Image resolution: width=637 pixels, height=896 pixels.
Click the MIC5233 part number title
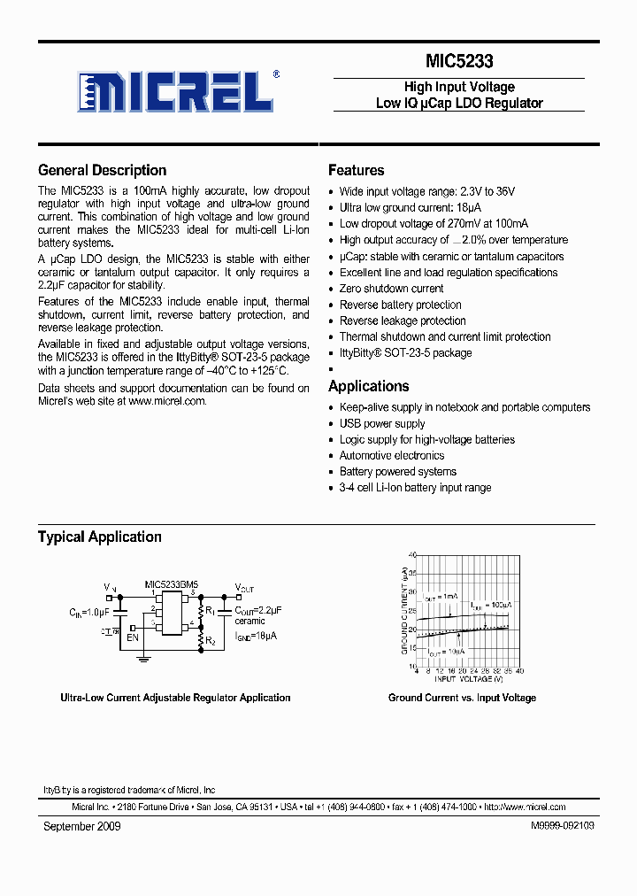click(458, 62)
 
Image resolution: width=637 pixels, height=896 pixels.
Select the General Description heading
click(102, 171)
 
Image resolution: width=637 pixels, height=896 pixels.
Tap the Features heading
click(356, 171)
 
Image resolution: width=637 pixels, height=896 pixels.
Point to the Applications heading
click(368, 386)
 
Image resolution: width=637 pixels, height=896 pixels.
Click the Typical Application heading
click(99, 537)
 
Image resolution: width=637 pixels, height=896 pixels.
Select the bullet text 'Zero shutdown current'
click(391, 289)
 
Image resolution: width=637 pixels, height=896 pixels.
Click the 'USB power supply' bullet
click(382, 423)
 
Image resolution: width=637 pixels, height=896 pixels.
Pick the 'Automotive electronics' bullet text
click(392, 455)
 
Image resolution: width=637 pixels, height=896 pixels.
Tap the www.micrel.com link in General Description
click(166, 401)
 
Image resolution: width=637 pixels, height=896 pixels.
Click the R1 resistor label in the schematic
click(211, 611)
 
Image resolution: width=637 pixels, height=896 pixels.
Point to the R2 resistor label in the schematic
click(211, 641)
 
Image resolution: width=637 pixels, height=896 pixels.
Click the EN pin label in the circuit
click(133, 637)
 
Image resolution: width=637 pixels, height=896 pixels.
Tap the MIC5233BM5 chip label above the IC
click(172, 584)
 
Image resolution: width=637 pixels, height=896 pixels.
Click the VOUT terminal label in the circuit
click(244, 588)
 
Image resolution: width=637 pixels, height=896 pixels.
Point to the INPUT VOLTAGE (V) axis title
click(468, 679)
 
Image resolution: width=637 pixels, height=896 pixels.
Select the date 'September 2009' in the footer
click(82, 826)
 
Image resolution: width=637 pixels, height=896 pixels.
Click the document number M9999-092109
click(563, 826)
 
